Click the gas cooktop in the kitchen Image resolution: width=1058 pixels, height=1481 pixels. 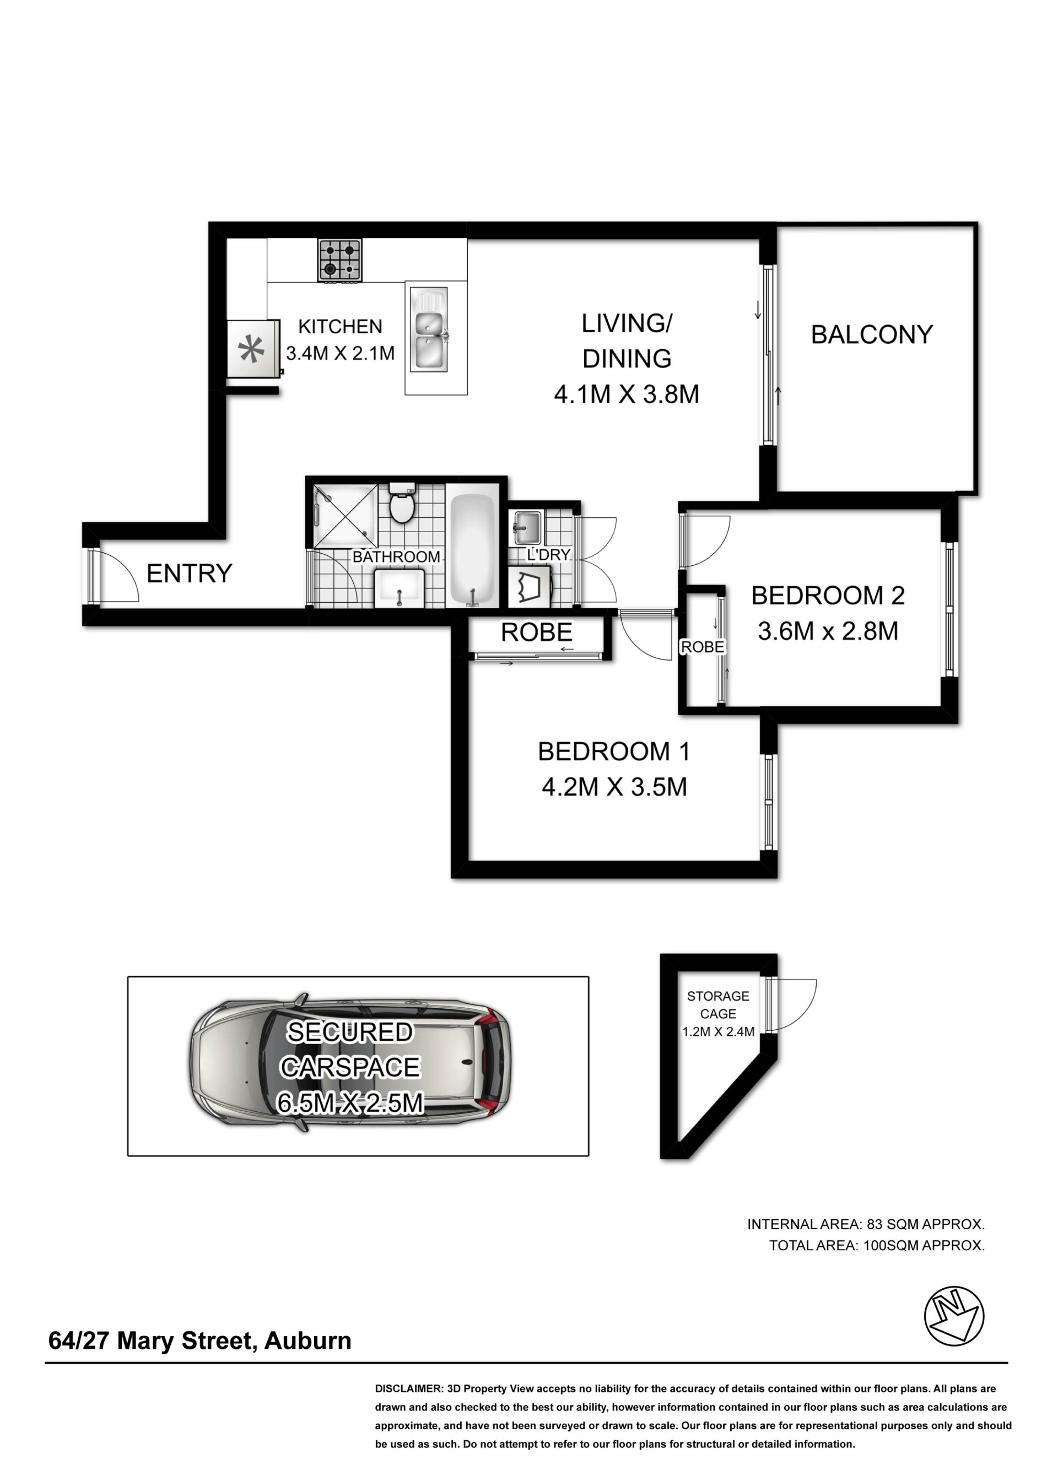click(x=339, y=260)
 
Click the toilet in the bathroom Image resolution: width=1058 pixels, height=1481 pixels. click(x=401, y=504)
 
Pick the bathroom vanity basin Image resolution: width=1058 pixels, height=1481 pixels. click(x=399, y=587)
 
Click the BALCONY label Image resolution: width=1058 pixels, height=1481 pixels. click(x=872, y=335)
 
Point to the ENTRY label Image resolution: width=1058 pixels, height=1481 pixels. click(x=189, y=573)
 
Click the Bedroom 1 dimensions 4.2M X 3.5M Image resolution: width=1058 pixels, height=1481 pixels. click(x=614, y=787)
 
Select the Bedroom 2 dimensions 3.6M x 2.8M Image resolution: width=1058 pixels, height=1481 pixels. click(x=828, y=630)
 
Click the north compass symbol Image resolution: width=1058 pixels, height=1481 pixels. click(x=954, y=1316)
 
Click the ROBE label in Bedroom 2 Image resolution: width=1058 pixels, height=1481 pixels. click(x=702, y=647)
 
